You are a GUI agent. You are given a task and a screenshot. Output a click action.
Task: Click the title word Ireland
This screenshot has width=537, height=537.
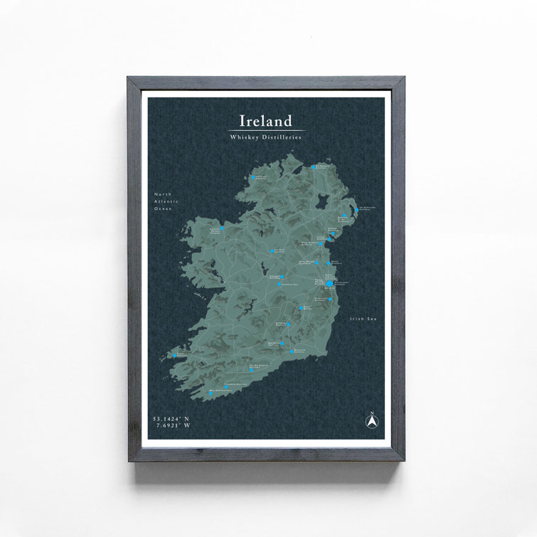(x=265, y=120)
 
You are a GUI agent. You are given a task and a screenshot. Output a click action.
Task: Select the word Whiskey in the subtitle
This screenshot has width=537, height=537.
(x=245, y=137)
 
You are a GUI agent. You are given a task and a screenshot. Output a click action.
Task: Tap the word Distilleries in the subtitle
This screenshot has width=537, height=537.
(x=282, y=137)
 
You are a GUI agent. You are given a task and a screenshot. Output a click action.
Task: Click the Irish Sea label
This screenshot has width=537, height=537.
(x=363, y=319)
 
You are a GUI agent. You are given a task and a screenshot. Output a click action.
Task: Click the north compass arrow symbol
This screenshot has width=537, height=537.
(x=371, y=420)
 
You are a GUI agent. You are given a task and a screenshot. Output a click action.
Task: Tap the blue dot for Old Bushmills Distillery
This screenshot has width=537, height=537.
(x=313, y=167)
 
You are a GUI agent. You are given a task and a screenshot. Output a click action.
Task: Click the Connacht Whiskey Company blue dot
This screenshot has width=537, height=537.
(x=222, y=229)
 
